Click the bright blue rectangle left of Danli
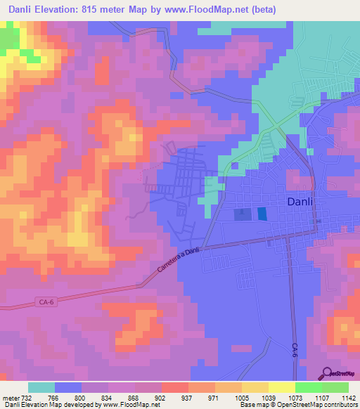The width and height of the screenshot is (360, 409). click(262, 214)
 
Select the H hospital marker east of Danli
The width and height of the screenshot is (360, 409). click(318, 221)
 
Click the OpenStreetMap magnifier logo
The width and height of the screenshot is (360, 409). click(327, 373)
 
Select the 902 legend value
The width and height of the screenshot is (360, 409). click(162, 398)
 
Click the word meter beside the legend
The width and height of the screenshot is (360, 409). click(9, 398)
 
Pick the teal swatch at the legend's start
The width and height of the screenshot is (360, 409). click(41, 387)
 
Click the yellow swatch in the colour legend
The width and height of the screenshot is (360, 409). click(281, 387)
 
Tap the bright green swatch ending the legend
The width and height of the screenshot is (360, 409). click(335, 387)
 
